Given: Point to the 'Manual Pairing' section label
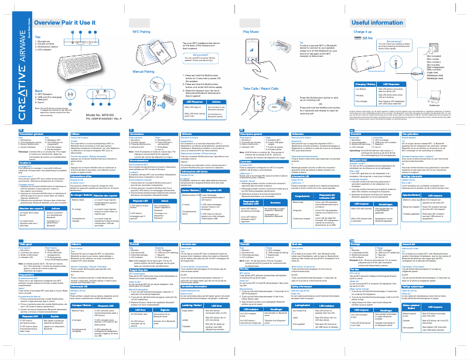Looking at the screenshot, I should click(x=143, y=71).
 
